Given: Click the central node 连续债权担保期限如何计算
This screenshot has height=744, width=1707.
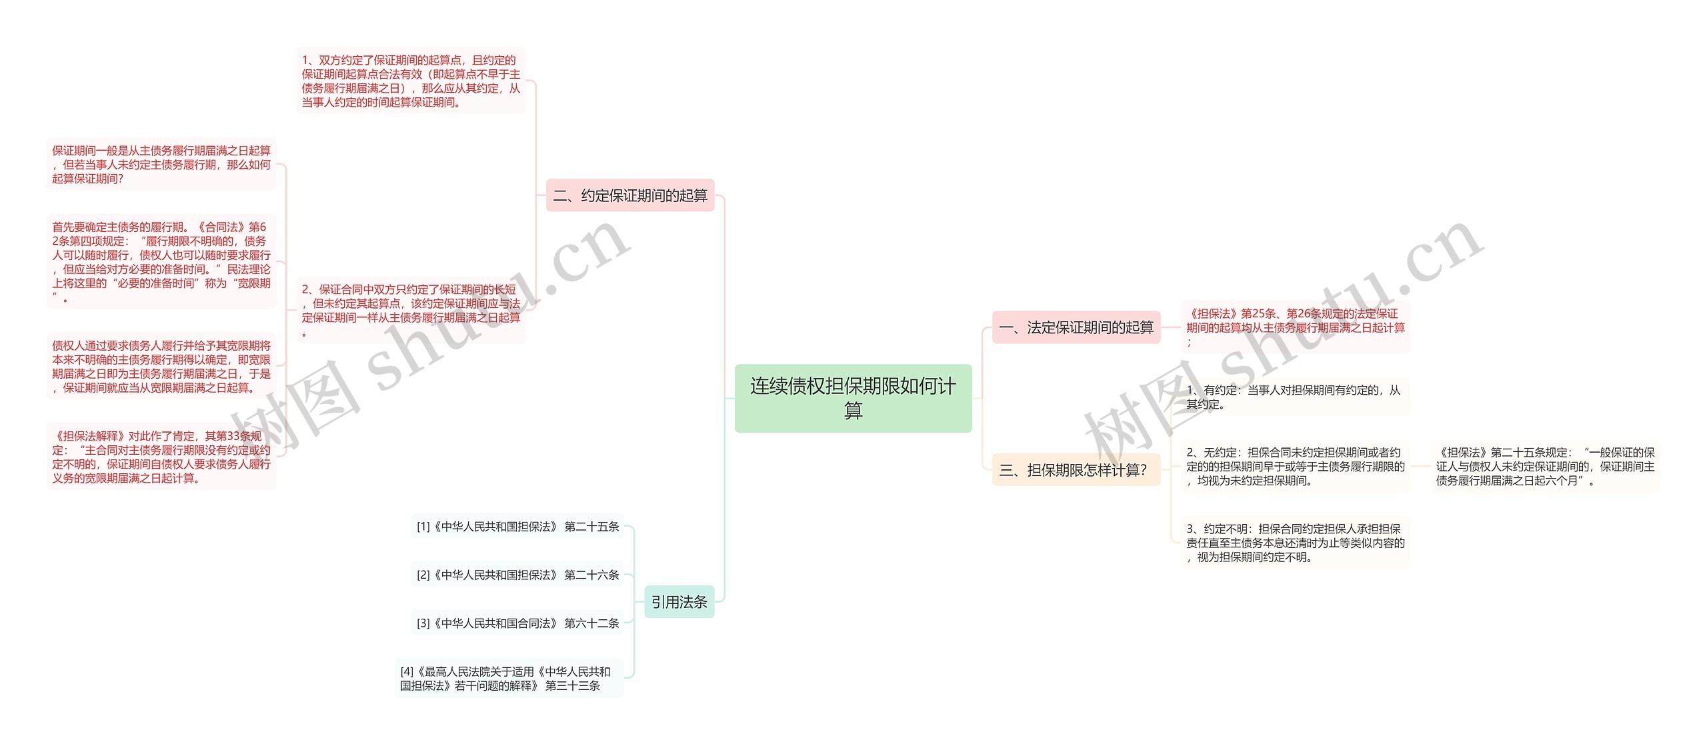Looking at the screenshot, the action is [x=853, y=398].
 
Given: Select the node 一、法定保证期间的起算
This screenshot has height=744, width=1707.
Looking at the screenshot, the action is [x=1076, y=327].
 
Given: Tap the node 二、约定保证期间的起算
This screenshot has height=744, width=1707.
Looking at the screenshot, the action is [x=630, y=195].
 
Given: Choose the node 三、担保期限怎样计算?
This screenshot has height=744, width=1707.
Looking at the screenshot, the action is [x=1076, y=470].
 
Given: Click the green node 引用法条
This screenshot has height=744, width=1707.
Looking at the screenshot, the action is [x=679, y=602].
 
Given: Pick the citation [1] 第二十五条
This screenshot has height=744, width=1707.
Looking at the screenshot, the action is [x=517, y=527].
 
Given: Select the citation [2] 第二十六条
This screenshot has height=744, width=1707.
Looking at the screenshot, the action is [x=517, y=575].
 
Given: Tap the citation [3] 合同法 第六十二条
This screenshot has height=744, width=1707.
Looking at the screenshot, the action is [x=517, y=623].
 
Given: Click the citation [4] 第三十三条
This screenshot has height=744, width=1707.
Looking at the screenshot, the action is [x=508, y=679].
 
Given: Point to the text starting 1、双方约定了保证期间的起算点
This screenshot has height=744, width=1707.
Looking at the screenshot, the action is [x=411, y=81].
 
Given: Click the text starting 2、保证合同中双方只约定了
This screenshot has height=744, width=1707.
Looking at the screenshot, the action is [x=411, y=311].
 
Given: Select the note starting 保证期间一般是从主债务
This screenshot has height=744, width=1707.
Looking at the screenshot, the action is [x=161, y=164].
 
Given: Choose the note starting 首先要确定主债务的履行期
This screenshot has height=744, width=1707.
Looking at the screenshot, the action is [x=161, y=262].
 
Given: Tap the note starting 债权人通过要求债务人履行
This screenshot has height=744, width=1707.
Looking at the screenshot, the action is [x=161, y=366].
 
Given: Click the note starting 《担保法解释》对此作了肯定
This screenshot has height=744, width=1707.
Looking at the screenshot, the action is [x=161, y=457].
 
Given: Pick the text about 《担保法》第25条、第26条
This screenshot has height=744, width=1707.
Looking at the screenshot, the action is [x=1295, y=327].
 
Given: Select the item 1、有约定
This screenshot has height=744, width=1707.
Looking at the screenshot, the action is [x=1295, y=397].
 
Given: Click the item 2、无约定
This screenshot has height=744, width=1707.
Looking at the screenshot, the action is [x=1295, y=466].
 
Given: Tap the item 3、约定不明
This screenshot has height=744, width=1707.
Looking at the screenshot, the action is [x=1295, y=543].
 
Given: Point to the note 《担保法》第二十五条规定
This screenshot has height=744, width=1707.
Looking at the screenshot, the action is [x=1545, y=466].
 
